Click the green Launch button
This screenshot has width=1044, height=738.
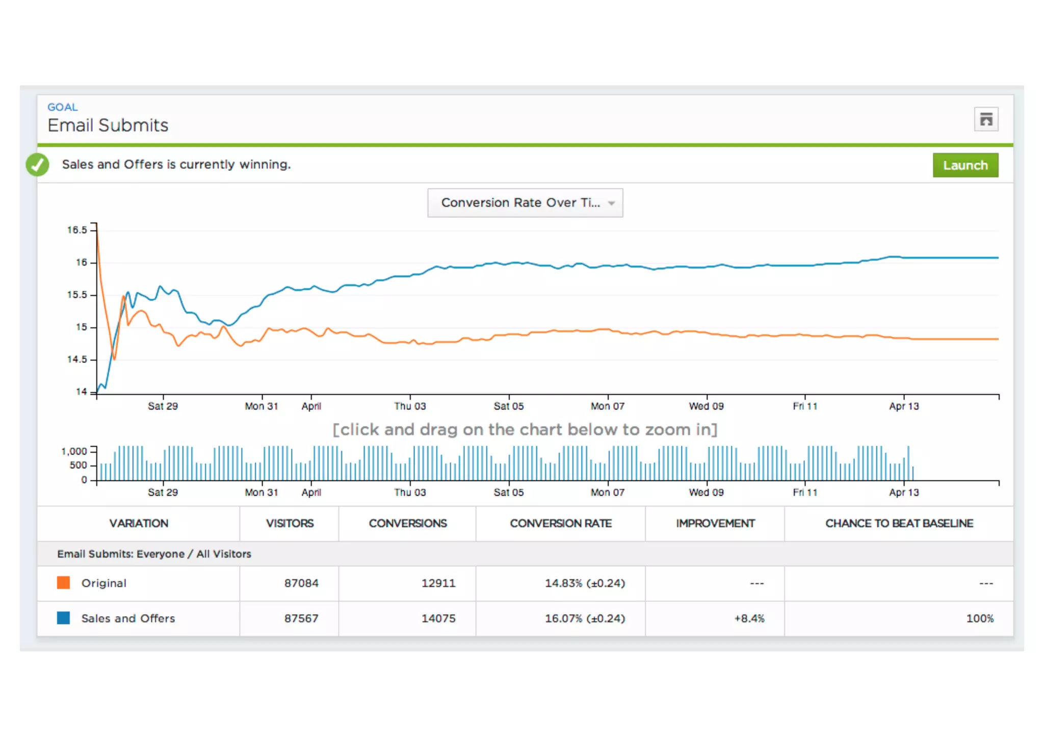coord(965,165)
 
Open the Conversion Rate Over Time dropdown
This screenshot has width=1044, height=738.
coord(525,203)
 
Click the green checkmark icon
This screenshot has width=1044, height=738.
coord(38,165)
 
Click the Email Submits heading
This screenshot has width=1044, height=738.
coord(108,125)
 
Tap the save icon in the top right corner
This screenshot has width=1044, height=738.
coord(986,119)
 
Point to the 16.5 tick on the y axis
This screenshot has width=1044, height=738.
coord(77,230)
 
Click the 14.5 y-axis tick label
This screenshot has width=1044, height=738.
coord(77,360)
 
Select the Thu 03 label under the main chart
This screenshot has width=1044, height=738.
coord(409,406)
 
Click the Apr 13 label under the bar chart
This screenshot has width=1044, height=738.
coord(903,493)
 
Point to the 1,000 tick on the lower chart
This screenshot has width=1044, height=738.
coord(74,451)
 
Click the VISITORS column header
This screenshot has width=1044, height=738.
coord(290,524)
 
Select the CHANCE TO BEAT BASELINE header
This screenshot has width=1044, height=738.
coord(899,524)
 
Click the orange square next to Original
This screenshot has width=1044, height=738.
coord(64,583)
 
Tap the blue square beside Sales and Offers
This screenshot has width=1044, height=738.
coord(64,618)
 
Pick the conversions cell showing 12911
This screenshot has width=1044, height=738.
coord(438,583)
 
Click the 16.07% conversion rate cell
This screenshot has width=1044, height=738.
coord(584,619)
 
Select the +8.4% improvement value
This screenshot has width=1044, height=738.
coord(749,619)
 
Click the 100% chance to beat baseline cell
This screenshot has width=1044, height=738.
coord(979,619)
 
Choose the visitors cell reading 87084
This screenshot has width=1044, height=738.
coord(301,583)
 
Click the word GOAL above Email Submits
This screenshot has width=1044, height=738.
coord(63,108)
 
